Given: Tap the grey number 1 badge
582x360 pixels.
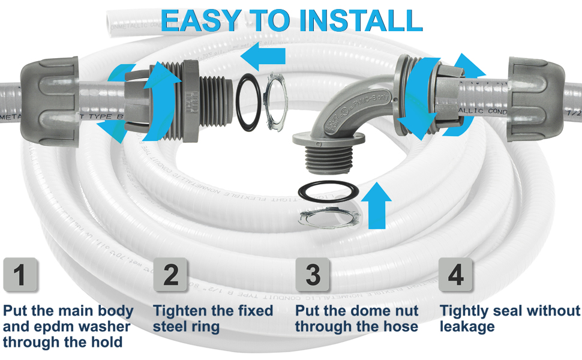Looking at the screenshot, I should pos(20,275).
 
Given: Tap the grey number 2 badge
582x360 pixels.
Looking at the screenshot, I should pos(171,275).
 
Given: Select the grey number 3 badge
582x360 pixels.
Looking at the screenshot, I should pos(313,275).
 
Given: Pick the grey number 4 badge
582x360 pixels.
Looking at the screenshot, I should pos(456,275).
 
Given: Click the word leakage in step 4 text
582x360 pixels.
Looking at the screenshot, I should pos(467,327).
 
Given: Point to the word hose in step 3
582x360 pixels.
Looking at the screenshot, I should pos(400,327).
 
